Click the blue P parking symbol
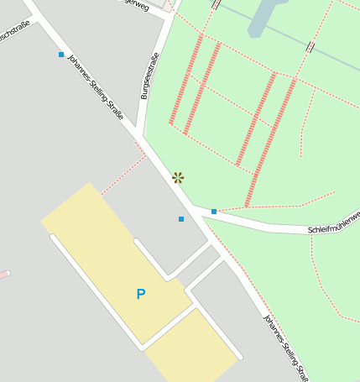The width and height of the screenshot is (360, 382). [x=141, y=294]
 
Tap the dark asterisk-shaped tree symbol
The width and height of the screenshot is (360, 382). [x=178, y=177]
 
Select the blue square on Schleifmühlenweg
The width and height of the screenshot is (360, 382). [x=214, y=211]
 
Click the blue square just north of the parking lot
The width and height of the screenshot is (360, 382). [x=181, y=219]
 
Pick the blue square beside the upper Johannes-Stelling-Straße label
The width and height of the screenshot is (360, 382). [x=61, y=55]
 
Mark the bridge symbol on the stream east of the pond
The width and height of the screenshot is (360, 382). [x=311, y=47]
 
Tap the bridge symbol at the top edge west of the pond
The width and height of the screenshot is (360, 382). [x=217, y=4]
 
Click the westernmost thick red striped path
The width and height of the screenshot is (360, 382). [x=185, y=80]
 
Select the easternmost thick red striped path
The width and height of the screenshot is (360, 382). [x=270, y=143]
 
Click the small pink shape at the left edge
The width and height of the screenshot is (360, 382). [x=4, y=274]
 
